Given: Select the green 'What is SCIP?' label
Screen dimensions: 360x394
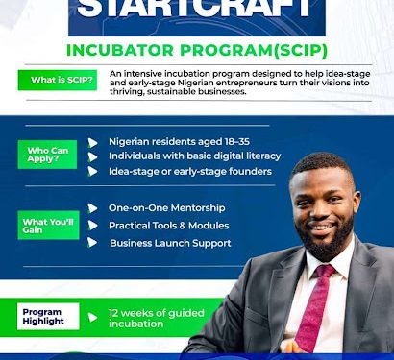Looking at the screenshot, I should coord(57,81).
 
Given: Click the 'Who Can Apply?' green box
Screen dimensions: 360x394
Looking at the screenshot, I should coord(49,153).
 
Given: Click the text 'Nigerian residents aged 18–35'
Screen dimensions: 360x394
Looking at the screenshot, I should coord(179,141).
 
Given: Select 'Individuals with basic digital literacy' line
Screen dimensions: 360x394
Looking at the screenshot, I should coord(194,156).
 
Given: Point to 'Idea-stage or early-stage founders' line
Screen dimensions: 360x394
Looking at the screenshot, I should coord(190,171).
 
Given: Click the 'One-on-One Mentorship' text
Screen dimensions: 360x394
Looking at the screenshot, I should coord(167,207).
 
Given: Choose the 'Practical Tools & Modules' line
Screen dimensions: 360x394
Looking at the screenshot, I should coord(169,225).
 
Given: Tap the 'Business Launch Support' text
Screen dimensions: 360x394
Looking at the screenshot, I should coord(169,243).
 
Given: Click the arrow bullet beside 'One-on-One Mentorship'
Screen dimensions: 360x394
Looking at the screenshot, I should coord(93,208).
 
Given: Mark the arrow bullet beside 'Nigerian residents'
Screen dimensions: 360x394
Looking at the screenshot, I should coord(93,142).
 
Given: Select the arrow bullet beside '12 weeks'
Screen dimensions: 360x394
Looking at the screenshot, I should coord(93,316).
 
